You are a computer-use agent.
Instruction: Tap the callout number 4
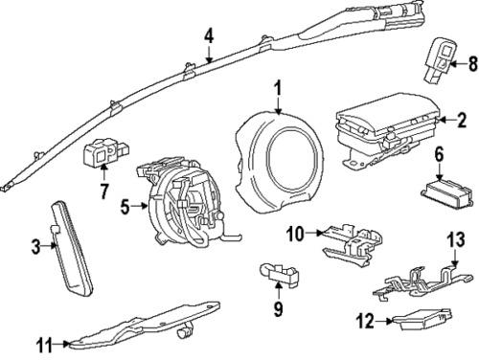(208, 37)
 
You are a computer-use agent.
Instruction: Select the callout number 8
(470, 65)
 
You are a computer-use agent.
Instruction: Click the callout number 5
(125, 204)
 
